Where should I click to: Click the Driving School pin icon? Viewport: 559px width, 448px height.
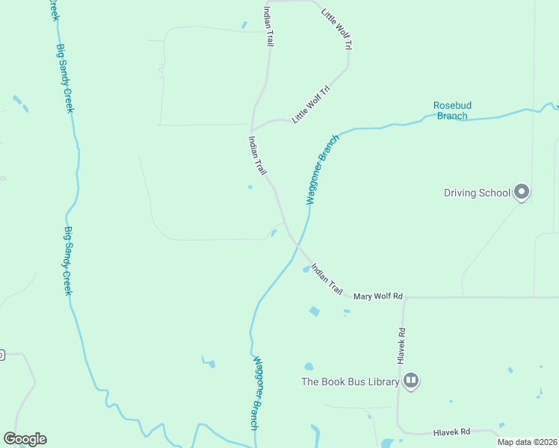[522, 193]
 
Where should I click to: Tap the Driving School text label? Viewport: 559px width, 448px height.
[477, 193]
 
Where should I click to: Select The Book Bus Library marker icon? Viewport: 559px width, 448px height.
[411, 382]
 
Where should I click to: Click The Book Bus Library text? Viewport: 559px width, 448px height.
[350, 382]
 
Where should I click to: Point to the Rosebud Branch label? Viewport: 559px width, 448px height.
[452, 111]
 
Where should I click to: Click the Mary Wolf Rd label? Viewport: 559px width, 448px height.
[378, 296]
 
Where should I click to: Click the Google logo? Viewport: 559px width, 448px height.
[25, 439]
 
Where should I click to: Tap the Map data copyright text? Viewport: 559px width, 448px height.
[527, 442]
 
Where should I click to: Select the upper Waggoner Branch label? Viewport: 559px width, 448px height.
[318, 169]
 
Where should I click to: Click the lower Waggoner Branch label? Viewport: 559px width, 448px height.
[256, 392]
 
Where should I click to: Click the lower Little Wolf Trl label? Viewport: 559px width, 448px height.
[311, 105]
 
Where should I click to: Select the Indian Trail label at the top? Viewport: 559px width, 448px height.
[267, 28]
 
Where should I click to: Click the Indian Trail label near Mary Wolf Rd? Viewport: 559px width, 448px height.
[327, 277]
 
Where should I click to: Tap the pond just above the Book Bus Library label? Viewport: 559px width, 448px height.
[309, 367]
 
